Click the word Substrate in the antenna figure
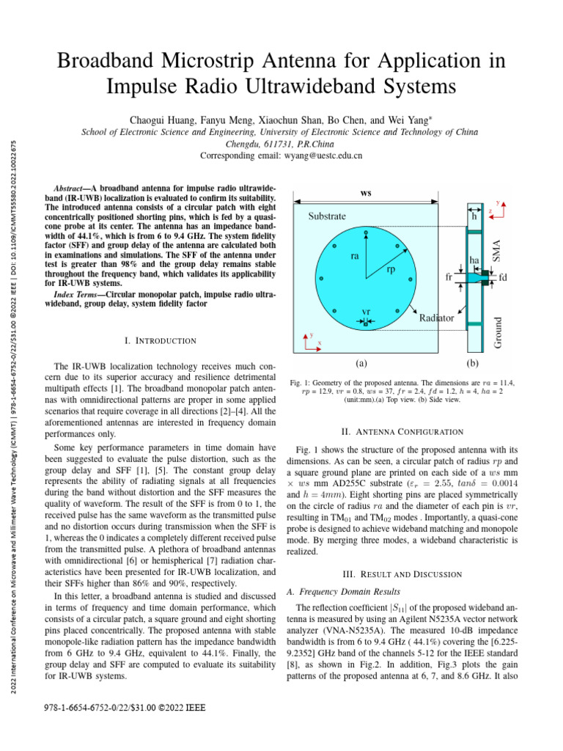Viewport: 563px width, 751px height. click(x=327, y=216)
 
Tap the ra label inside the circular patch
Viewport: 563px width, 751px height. click(x=354, y=257)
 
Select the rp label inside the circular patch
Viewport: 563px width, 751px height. click(x=391, y=270)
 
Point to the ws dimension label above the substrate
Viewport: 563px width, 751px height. click(x=366, y=193)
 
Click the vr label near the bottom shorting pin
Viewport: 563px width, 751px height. click(x=366, y=312)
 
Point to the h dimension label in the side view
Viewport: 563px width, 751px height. click(x=474, y=217)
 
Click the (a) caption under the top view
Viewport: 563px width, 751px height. click(x=361, y=362)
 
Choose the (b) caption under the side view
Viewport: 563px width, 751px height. click(x=473, y=362)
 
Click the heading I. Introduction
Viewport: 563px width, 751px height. click(x=161, y=340)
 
